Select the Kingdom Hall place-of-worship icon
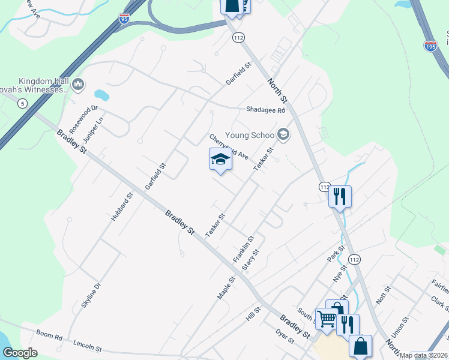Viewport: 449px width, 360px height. (x=78, y=85)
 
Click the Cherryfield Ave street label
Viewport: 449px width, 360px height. (x=229, y=147)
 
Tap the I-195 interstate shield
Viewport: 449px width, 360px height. (x=430, y=45)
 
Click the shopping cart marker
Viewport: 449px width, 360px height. (x=327, y=319)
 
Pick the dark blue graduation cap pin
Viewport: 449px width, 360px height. (x=221, y=160)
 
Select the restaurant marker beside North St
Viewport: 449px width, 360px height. (x=340, y=196)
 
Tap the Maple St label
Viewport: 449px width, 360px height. (x=226, y=288)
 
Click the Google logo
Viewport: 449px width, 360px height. (x=20, y=353)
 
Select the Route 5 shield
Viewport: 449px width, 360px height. (x=22, y=104)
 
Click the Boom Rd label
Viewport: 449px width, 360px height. (x=49, y=337)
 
